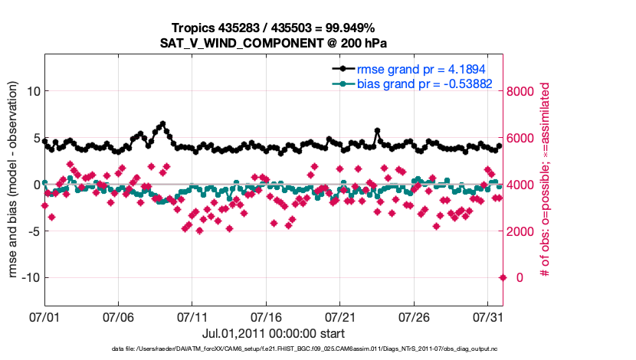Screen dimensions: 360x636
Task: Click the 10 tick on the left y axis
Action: click(33, 91)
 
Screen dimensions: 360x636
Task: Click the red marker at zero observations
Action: click(503, 277)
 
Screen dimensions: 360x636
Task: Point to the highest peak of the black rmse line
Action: click(162, 123)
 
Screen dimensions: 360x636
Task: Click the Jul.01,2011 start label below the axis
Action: click(274, 333)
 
